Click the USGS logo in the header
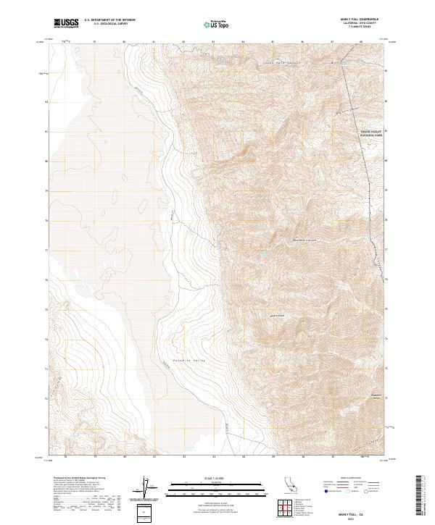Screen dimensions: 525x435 67,24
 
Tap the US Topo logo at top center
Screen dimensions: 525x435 217,24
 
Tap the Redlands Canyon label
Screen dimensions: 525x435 305,240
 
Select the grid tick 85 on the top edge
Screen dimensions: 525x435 273,42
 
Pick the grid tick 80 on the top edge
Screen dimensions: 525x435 124,42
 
